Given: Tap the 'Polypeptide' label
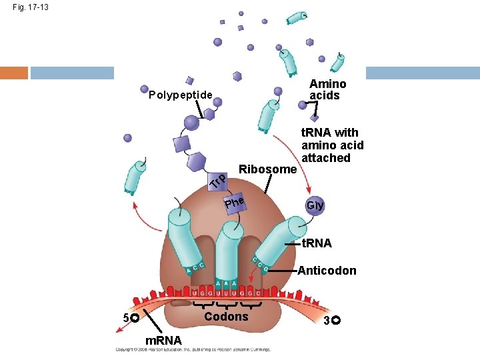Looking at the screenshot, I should [180, 95].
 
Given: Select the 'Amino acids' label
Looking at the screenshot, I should [327, 89].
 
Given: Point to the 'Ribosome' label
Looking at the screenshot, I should [267, 169].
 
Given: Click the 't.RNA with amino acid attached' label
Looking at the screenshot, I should [332, 145].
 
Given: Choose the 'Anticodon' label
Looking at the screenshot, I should [327, 271].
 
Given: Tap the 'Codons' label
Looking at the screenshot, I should [226, 316].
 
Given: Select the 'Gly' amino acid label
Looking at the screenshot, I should [315, 205].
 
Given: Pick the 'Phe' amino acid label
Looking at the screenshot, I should [235, 200].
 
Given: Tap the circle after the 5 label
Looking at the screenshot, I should [135, 319].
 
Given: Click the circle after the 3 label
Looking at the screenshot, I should [335, 321].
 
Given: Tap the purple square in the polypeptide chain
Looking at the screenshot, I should [181, 143].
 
